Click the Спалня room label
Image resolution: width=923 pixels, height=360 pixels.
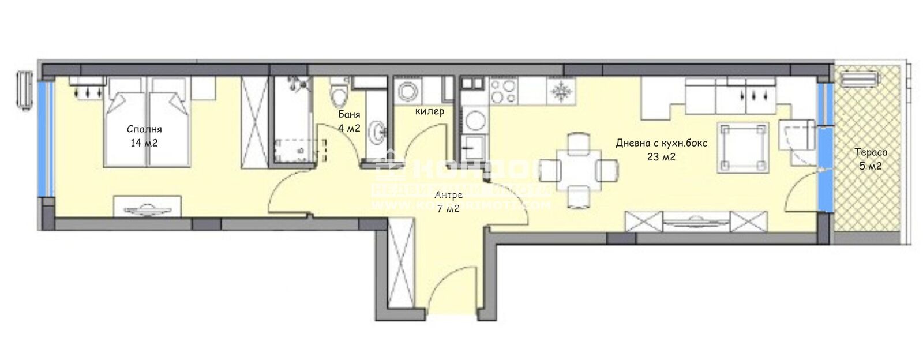[x=144, y=129]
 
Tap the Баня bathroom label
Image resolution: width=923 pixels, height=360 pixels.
[x=349, y=115]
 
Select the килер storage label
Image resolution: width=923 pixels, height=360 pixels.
[x=430, y=111]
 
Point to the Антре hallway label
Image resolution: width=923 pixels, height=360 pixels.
[x=448, y=195]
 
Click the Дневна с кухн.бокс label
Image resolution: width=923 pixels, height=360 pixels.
[x=661, y=143]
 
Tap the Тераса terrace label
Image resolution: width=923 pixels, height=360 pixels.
[x=871, y=152]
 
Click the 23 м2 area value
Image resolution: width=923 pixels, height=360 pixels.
[x=661, y=157]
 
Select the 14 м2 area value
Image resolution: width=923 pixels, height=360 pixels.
[x=144, y=143]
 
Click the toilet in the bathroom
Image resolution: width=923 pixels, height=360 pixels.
[x=338, y=92]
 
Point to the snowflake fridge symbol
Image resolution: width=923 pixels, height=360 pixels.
[x=560, y=91]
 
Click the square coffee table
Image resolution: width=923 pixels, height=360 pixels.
[x=743, y=147]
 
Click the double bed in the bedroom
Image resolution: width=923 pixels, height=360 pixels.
[x=147, y=122]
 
